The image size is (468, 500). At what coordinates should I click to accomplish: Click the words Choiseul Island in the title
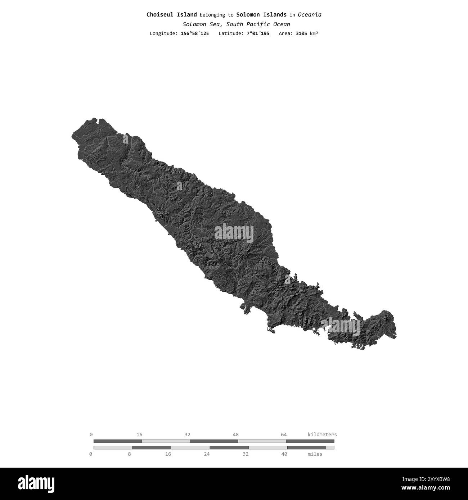click(x=171, y=15)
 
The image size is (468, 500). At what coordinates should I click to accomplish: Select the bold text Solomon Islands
click(x=261, y=15)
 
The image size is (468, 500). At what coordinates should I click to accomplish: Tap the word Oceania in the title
click(x=310, y=15)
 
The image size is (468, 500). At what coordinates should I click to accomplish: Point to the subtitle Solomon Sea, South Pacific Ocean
click(x=236, y=24)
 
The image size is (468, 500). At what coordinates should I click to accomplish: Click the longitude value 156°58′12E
click(x=195, y=33)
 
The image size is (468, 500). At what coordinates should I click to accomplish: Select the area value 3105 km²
click(x=307, y=33)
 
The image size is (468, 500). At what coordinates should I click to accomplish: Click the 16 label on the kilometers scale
click(x=139, y=435)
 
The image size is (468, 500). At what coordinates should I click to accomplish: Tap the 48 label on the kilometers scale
click(x=235, y=435)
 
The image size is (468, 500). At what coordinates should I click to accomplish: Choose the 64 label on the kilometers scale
click(x=284, y=435)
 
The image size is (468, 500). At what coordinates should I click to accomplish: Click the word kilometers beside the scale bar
click(x=322, y=435)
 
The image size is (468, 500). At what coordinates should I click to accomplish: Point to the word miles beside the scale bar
click(x=315, y=454)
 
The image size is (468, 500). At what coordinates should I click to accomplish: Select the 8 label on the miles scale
click(x=130, y=454)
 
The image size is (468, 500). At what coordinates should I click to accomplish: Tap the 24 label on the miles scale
click(x=207, y=454)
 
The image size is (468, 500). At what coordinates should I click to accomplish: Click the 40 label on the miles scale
click(x=284, y=454)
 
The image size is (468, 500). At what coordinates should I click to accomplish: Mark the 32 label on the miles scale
click(x=246, y=454)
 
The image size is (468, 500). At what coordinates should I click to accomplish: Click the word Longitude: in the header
click(x=163, y=33)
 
